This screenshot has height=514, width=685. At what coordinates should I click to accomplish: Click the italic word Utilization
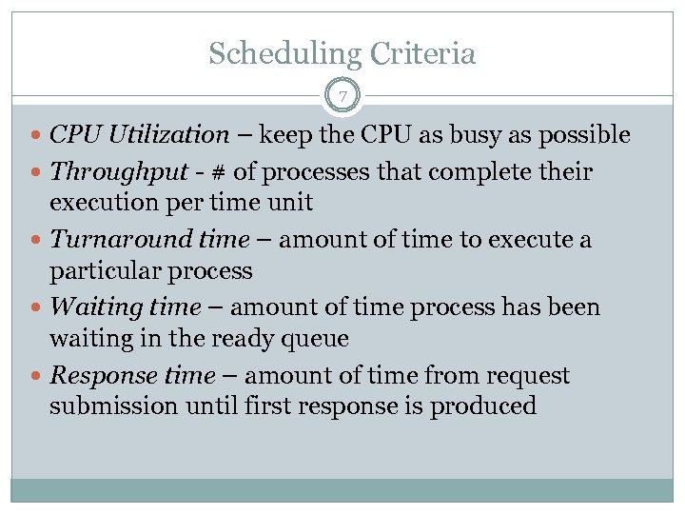(168, 135)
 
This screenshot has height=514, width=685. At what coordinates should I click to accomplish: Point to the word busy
(460, 135)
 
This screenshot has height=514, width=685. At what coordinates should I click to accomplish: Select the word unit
(291, 203)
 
